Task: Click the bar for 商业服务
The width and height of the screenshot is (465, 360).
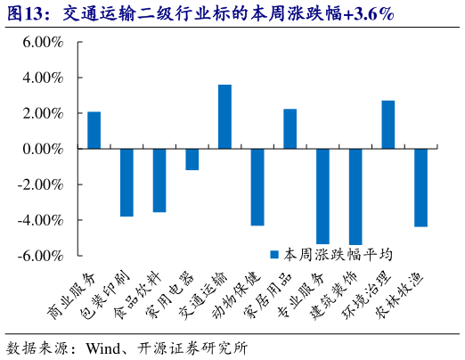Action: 94,130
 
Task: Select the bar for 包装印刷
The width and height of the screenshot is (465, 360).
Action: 126,183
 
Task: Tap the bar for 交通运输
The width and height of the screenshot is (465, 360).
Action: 224,117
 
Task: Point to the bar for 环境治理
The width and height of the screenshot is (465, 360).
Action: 387,125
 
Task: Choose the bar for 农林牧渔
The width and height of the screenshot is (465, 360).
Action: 420,188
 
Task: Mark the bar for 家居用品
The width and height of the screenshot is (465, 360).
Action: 290,129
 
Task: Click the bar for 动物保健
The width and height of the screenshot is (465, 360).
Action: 257,187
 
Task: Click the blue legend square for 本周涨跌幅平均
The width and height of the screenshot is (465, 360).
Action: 276,254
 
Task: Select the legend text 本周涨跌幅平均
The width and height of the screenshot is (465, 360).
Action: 338,254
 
